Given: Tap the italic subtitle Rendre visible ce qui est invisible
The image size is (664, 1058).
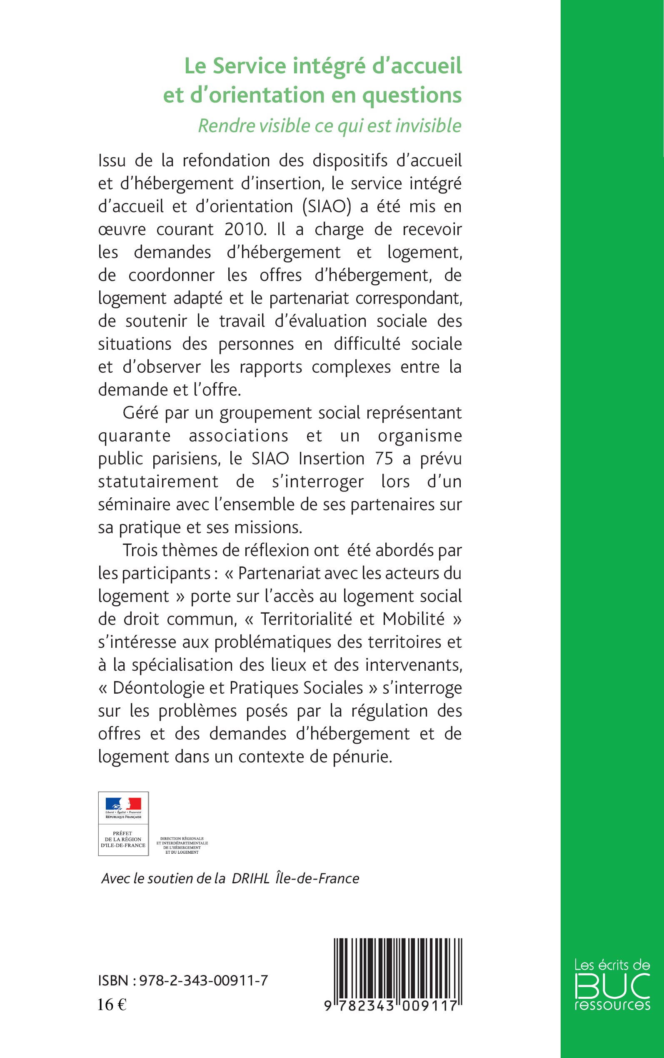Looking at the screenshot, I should [330, 125].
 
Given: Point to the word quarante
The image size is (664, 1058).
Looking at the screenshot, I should [134, 436].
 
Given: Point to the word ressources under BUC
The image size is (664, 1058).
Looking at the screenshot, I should [613, 1005].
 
